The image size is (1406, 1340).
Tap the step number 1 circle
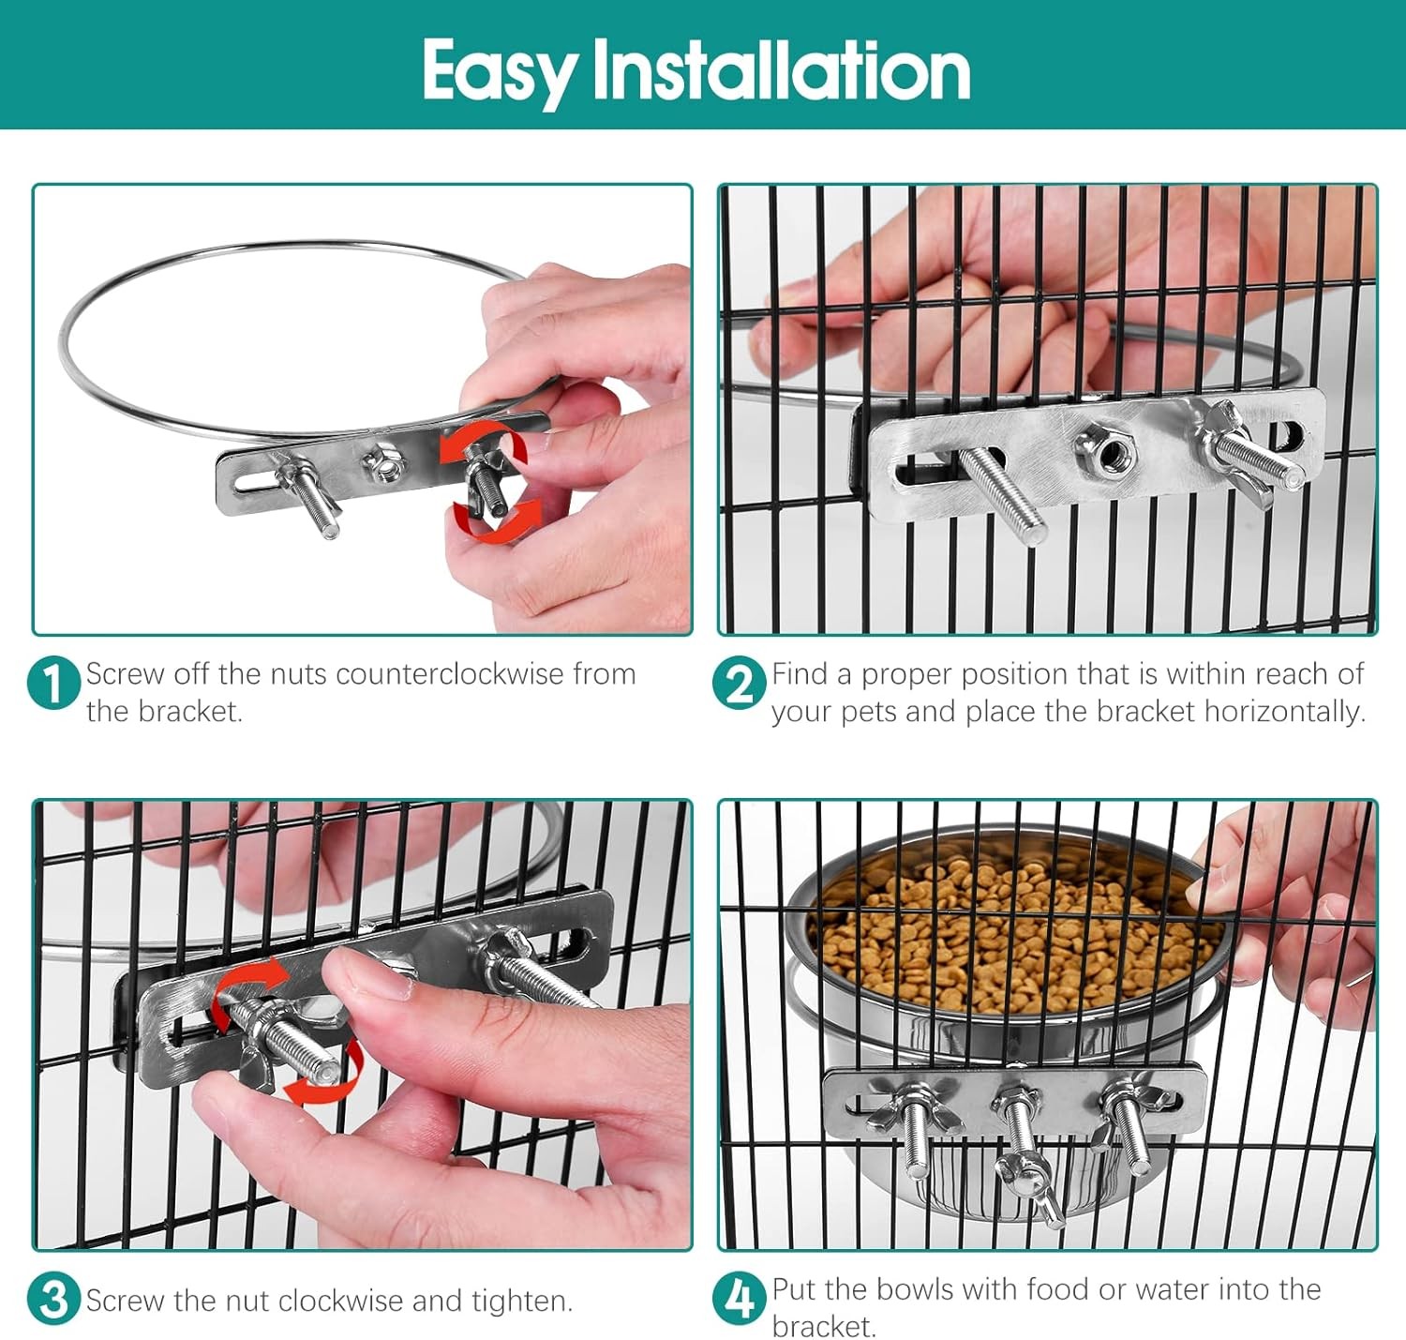53,683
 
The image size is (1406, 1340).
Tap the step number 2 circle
739,683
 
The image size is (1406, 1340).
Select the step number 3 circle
53,1299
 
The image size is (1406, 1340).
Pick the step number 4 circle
739,1299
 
